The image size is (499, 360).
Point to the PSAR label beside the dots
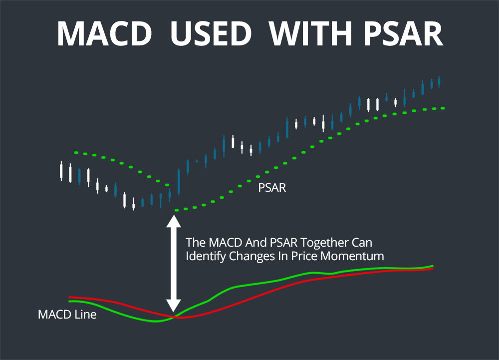click(x=272, y=189)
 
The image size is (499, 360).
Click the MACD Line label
click(x=67, y=315)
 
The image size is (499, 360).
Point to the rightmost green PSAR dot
click(x=443, y=108)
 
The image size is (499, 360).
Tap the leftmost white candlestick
click(x=61, y=171)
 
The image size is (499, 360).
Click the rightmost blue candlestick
click(x=439, y=81)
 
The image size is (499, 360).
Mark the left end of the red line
click(x=70, y=297)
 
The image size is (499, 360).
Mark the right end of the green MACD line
click(x=433, y=266)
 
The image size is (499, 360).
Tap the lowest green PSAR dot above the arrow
click(x=176, y=210)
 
